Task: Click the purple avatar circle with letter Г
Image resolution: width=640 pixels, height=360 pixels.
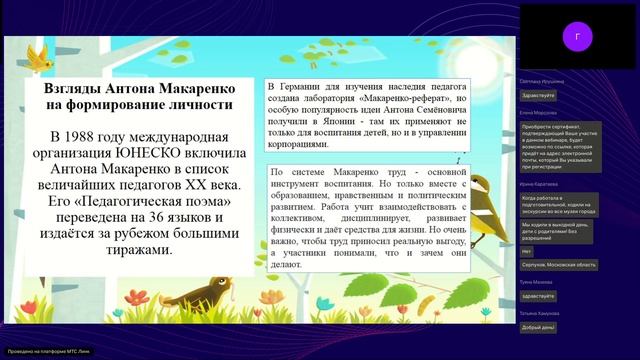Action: pos(577,36)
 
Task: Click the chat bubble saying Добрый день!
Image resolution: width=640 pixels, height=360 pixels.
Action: pos(538,327)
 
